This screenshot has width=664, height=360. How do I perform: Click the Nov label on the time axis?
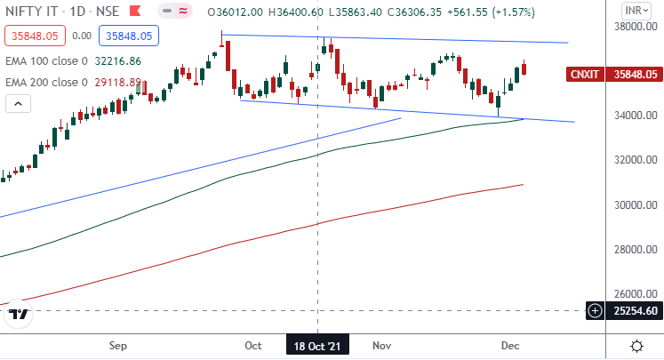point(382,344)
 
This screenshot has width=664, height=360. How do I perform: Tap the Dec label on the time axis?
point(510,344)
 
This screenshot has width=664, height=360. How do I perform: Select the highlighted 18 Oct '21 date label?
point(317,344)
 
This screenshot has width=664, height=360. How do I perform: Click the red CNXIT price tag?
point(587,75)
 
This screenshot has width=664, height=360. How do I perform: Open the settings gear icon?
point(636,345)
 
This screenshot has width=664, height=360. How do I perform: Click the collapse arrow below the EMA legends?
point(17,103)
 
